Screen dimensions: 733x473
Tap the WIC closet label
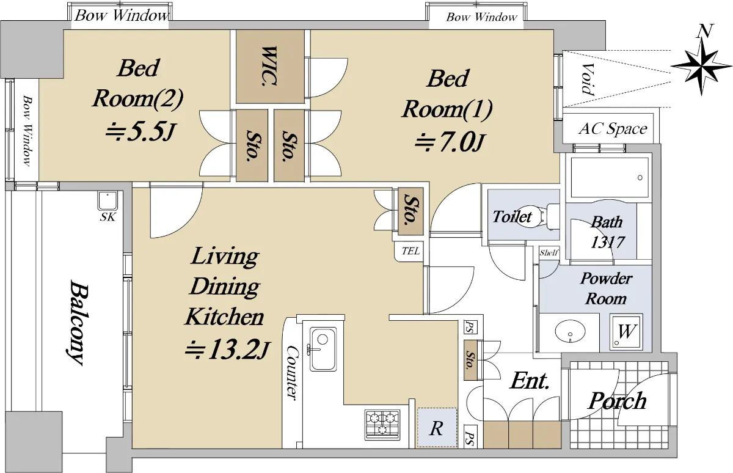pyautogui.click(x=269, y=67)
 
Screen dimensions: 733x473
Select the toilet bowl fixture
pyautogui.click(x=538, y=216)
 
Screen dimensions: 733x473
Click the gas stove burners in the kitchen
pyautogui.click(x=382, y=425)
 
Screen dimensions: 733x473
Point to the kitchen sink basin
pyautogui.click(x=323, y=349)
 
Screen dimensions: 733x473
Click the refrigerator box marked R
pyautogui.click(x=437, y=428)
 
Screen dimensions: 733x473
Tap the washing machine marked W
pyautogui.click(x=626, y=331)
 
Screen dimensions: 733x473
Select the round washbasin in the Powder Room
pyautogui.click(x=570, y=332)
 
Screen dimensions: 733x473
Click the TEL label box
pyautogui.click(x=410, y=251)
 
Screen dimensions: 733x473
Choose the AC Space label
pyautogui.click(x=613, y=129)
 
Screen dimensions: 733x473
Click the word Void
pyautogui.click(x=588, y=79)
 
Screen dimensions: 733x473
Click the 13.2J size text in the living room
pyautogui.click(x=227, y=350)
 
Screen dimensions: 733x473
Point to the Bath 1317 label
pyautogui.click(x=607, y=232)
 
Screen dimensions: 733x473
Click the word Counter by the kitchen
pyautogui.click(x=292, y=372)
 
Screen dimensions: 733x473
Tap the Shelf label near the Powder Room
pyautogui.click(x=549, y=252)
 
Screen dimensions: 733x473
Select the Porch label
pyautogui.click(x=617, y=400)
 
